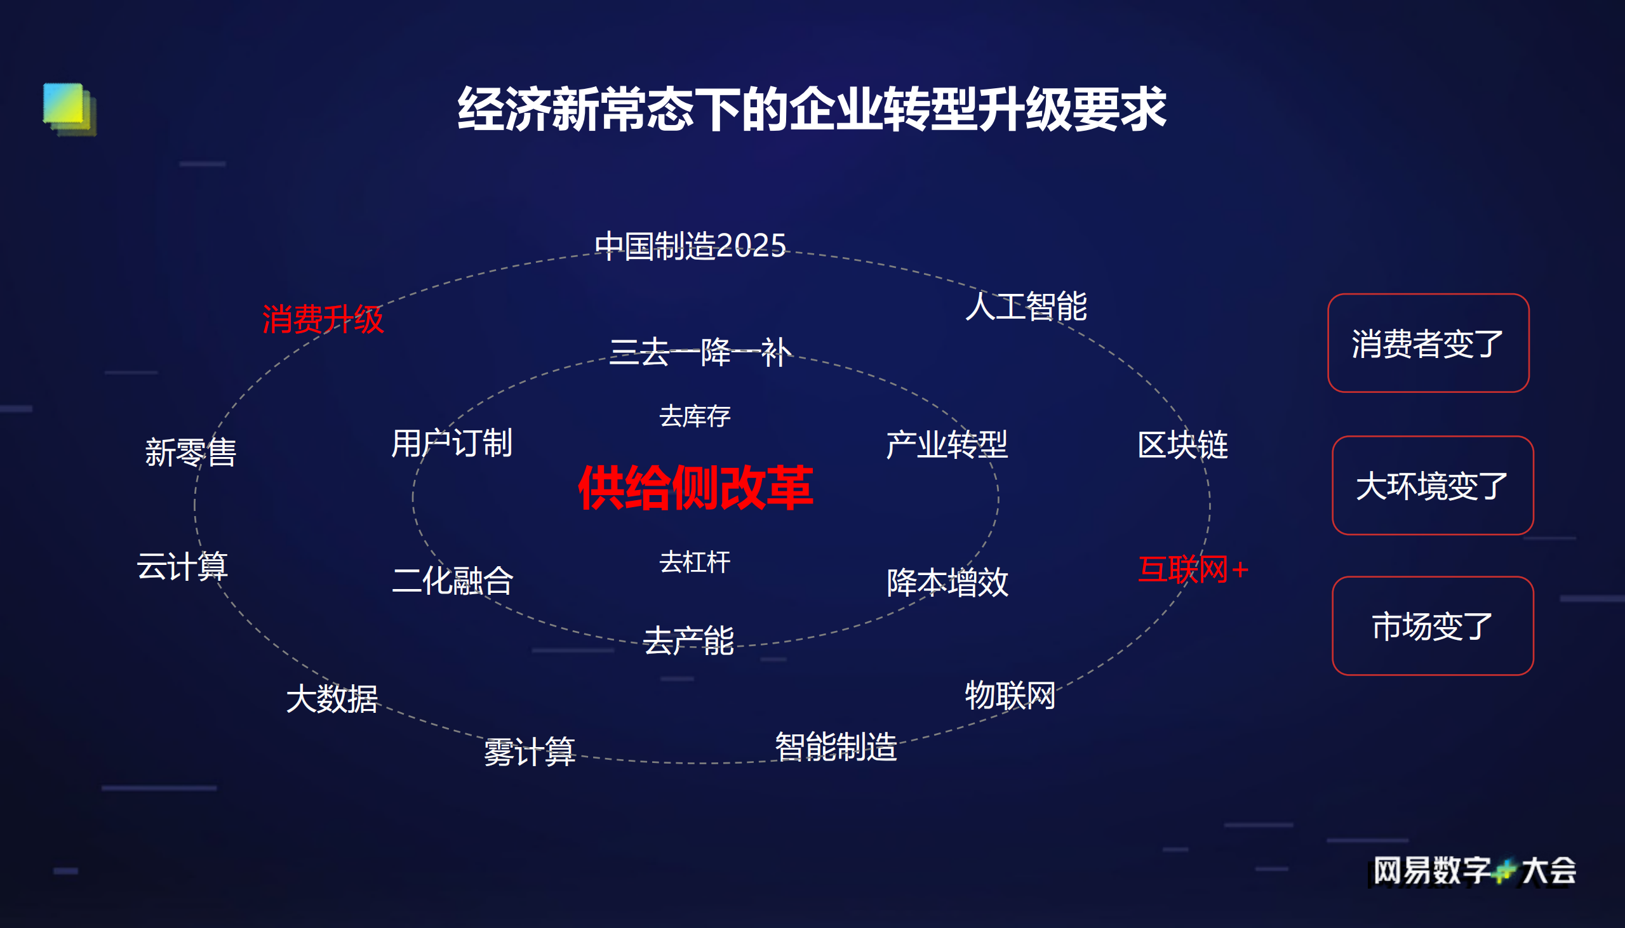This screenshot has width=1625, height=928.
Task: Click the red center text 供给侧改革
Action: point(695,488)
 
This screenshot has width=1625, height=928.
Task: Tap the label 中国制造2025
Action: point(690,246)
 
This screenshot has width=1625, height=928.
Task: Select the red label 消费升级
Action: point(323,319)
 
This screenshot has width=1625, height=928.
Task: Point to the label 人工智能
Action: point(1026,307)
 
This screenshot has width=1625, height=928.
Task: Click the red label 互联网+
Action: point(1192,569)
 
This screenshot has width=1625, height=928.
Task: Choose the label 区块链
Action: point(1182,445)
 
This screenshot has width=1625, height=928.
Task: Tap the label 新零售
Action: point(191,453)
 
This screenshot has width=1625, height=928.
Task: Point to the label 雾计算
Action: point(529,752)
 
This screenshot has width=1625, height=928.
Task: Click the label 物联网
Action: point(1010,695)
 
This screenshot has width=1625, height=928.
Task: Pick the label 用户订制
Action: point(451,444)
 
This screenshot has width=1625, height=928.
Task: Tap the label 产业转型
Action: point(947,445)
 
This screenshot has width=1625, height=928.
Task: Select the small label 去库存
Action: point(694,417)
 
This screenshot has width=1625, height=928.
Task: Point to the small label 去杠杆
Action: point(694,562)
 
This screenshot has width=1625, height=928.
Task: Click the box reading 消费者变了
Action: point(1428,343)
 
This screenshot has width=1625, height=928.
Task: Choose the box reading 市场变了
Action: point(1432,626)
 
